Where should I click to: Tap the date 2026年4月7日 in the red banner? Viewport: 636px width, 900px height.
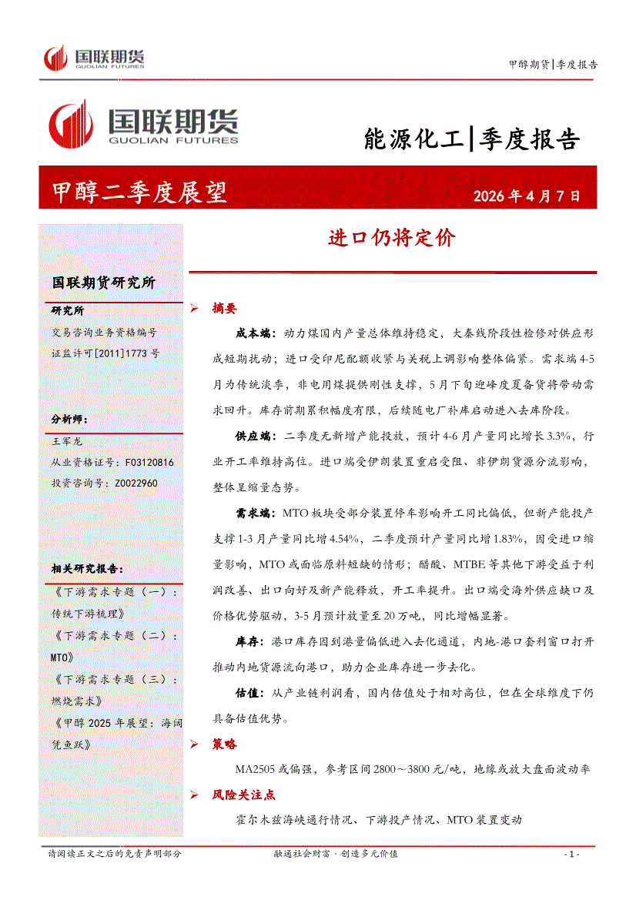[x=527, y=196]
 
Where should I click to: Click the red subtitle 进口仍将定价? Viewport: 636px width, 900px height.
[x=392, y=238]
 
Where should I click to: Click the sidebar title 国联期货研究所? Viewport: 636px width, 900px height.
[x=103, y=283]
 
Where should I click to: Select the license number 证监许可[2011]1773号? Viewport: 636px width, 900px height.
[x=105, y=353]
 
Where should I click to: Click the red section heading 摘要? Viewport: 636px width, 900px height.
[x=224, y=309]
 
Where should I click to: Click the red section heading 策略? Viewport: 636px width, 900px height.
[x=224, y=744]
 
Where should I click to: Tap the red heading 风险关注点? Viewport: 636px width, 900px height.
[x=243, y=795]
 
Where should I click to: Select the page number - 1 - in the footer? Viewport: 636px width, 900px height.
[x=571, y=855]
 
